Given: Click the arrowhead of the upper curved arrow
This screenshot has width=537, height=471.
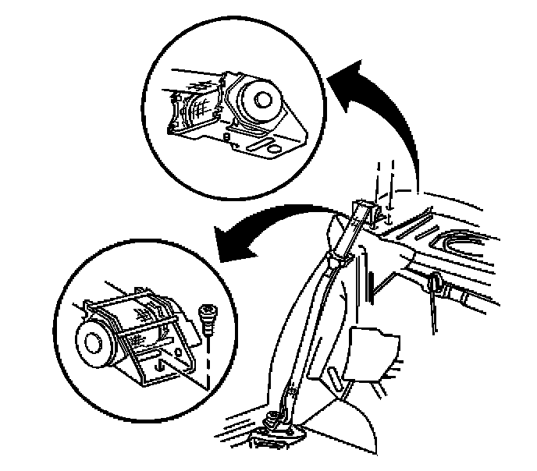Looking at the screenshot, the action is click(x=342, y=76).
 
